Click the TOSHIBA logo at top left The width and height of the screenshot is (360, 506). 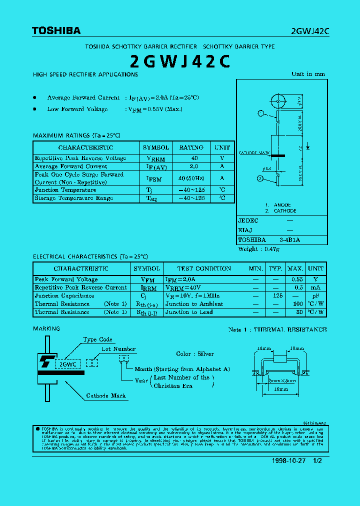coord(56,31)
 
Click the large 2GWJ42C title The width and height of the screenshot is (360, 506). coord(180,60)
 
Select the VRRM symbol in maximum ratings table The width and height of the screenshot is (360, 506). coord(155,158)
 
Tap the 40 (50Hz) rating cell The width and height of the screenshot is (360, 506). coord(191,178)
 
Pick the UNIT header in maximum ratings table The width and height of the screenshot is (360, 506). coord(222,147)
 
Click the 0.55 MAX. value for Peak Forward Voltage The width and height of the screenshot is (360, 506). coord(297,279)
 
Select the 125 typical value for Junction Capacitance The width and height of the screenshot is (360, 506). coord(275,296)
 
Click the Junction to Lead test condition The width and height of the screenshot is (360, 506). coord(189,312)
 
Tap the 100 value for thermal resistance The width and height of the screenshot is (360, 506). coord(298,304)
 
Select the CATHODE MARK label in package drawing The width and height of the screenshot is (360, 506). coord(254,152)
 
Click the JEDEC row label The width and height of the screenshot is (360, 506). coord(248,220)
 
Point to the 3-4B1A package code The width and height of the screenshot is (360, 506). coord(289,240)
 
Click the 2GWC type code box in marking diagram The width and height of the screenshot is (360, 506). coord(67,364)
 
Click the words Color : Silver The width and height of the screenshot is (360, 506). coord(194,354)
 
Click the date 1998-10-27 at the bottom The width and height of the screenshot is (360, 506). coord(289,460)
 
